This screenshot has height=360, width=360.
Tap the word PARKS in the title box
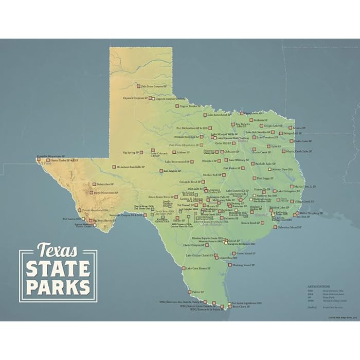[58, 286]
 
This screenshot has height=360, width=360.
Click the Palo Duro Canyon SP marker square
[138, 86]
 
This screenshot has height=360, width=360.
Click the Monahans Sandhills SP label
[129, 167]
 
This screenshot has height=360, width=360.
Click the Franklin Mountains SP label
[51, 156]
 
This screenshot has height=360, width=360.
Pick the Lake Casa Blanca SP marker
[184, 268]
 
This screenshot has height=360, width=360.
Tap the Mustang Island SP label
[243, 265]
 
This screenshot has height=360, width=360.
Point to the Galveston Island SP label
[289, 227]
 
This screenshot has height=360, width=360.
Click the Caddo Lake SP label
[303, 141]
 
